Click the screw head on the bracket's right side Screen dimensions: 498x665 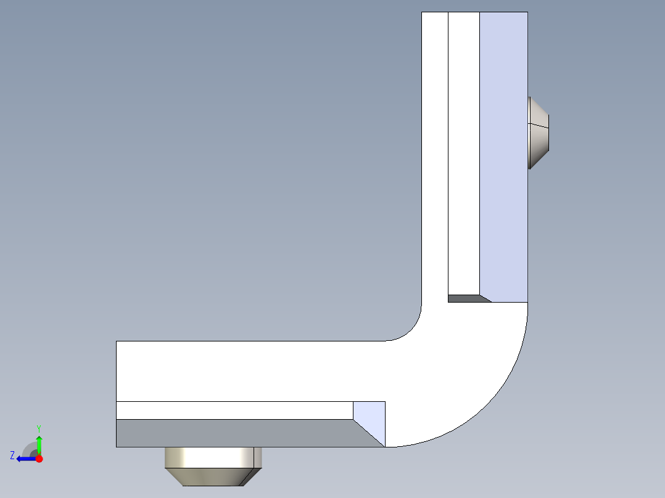pos(539,133)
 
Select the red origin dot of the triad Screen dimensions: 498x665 pos(39,459)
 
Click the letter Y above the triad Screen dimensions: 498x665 pos(38,428)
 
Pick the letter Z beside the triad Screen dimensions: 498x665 pos(12,455)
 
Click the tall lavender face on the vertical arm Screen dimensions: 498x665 pos(503,154)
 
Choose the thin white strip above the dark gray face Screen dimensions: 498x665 pos(234,410)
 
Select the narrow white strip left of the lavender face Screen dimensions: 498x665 pos(464,154)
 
